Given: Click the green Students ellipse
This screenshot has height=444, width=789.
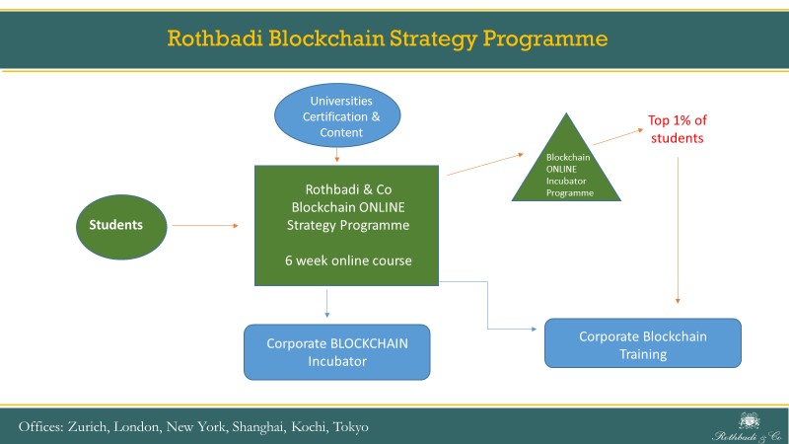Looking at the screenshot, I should (x=116, y=225).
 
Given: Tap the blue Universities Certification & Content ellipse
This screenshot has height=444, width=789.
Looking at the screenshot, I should (x=336, y=115).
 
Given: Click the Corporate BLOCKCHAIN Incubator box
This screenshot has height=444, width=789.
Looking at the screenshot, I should (x=337, y=352).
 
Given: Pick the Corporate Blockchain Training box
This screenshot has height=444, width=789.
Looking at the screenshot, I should (x=642, y=344).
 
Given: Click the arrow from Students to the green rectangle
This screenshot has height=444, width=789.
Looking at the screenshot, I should (x=205, y=226).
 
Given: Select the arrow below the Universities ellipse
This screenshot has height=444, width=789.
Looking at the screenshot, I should (x=337, y=155).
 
